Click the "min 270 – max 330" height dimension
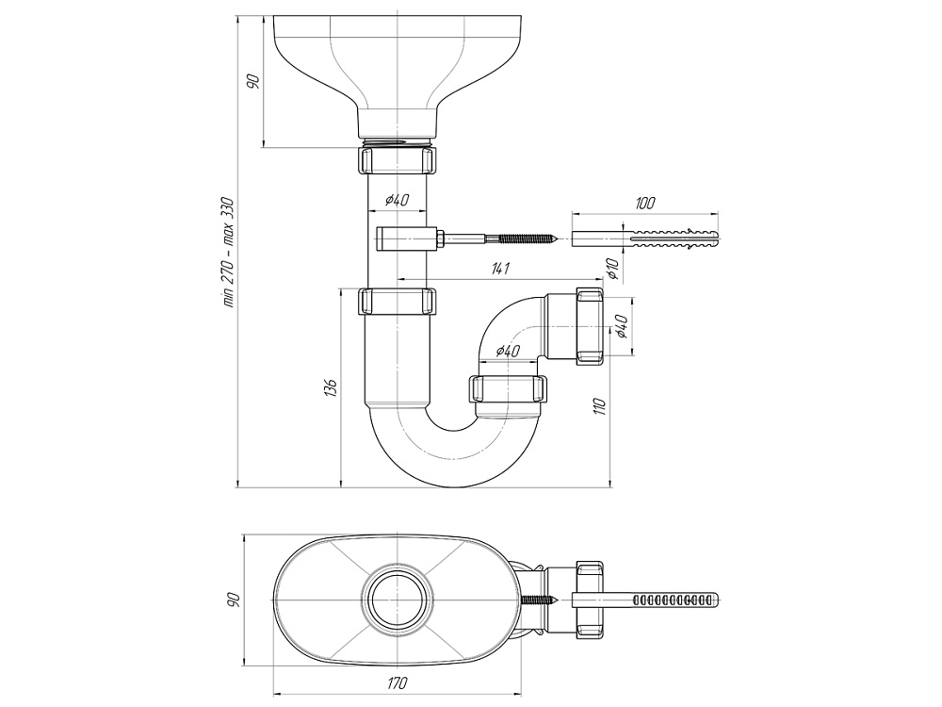(x=226, y=252)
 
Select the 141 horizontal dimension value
(x=500, y=270)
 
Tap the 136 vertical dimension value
(x=328, y=388)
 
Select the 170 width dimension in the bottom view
(x=397, y=682)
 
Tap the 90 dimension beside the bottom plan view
(x=234, y=600)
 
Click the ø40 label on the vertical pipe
(x=397, y=200)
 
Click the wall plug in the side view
(x=647, y=237)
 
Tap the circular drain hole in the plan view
(x=397, y=600)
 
